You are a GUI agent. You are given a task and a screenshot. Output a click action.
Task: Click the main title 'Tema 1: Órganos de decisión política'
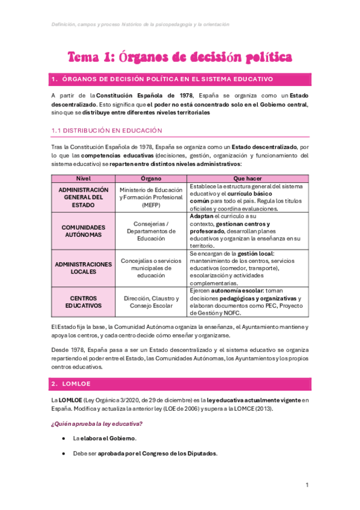click(x=180, y=57)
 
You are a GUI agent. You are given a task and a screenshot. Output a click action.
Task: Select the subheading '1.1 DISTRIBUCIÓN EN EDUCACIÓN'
click(x=106, y=130)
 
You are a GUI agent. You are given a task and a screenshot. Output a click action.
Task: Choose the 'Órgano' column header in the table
click(x=150, y=179)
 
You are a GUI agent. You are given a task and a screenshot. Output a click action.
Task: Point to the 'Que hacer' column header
click(x=248, y=179)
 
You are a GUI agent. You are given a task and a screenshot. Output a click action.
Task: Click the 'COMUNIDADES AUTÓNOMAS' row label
click(x=83, y=231)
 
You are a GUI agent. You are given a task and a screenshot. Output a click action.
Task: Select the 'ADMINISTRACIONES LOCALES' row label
click(x=83, y=268)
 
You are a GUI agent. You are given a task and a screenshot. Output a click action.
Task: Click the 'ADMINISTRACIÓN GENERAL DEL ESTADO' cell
click(x=83, y=197)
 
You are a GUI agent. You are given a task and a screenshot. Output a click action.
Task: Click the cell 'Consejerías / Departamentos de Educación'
click(x=150, y=231)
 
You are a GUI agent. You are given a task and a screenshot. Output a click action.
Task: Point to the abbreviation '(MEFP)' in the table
click(x=150, y=205)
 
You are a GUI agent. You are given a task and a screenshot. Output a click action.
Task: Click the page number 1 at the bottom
click(x=307, y=485)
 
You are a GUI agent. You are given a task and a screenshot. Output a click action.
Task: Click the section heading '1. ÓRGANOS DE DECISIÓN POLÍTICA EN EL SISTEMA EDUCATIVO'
click(x=154, y=79)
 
